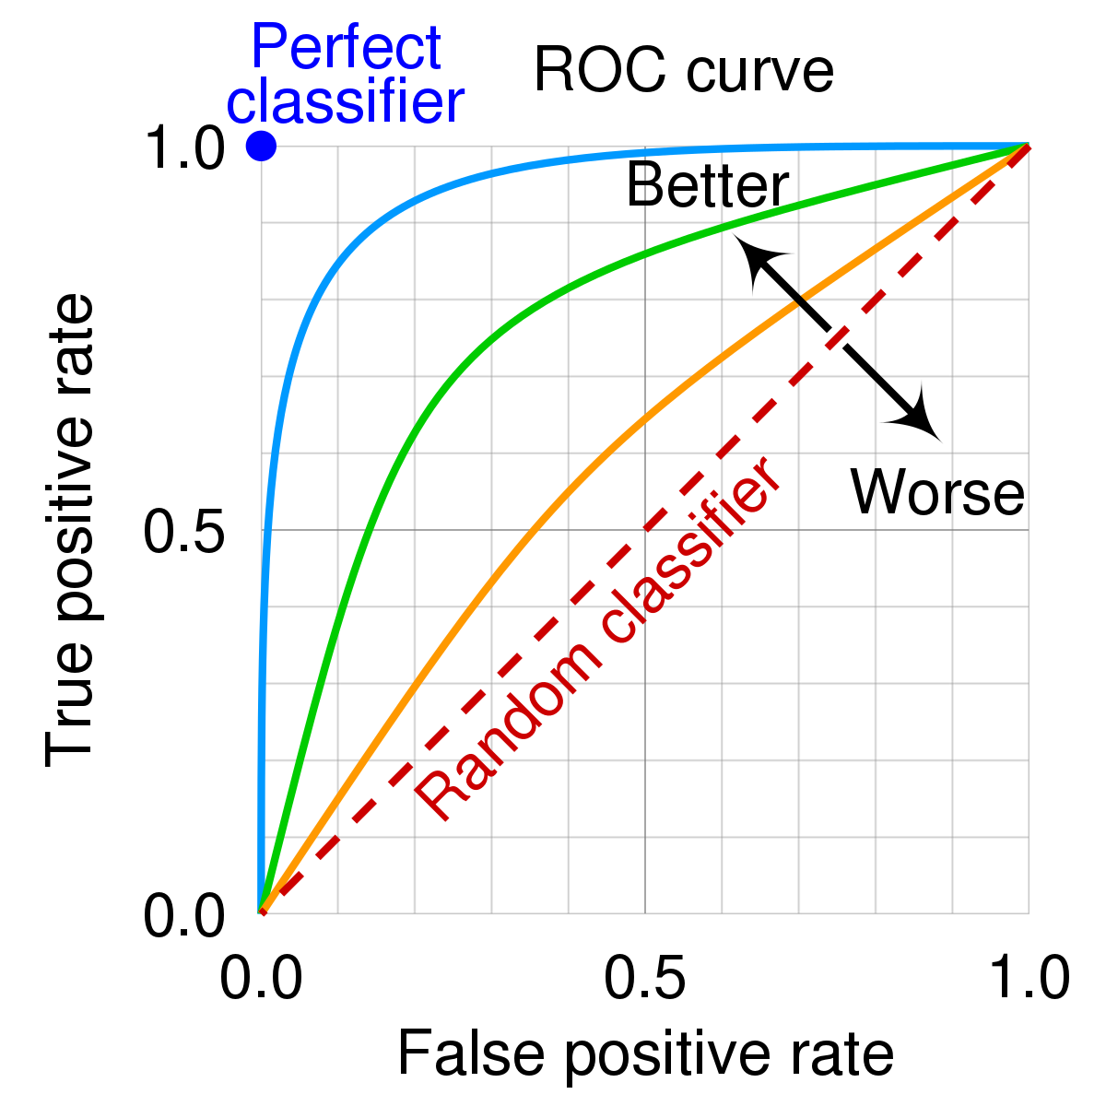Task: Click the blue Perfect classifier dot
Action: tap(262, 146)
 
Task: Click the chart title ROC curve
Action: tap(683, 71)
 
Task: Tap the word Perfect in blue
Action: tap(346, 48)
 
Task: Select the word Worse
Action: tap(936, 492)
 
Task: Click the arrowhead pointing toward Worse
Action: tap(918, 420)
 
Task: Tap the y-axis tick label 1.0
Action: tap(184, 148)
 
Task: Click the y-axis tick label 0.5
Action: tap(184, 532)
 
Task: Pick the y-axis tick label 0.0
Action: tap(184, 916)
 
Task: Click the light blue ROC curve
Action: tap(369, 219)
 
